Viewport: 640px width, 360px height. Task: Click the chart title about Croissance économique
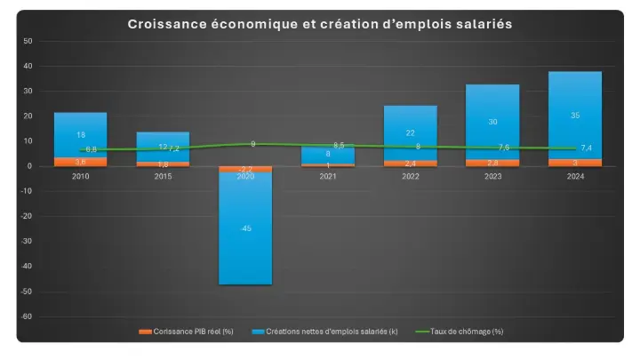tap(320, 24)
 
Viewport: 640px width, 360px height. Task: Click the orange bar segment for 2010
tap(80, 162)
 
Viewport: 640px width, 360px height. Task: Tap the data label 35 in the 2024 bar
tap(575, 116)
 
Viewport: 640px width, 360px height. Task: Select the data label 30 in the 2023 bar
tap(492, 122)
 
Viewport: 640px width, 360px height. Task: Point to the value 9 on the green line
tap(252, 143)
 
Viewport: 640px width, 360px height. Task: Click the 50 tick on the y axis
tap(28, 41)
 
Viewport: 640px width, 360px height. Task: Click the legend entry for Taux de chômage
tap(467, 332)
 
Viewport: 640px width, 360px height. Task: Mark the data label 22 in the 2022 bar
tap(410, 132)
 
